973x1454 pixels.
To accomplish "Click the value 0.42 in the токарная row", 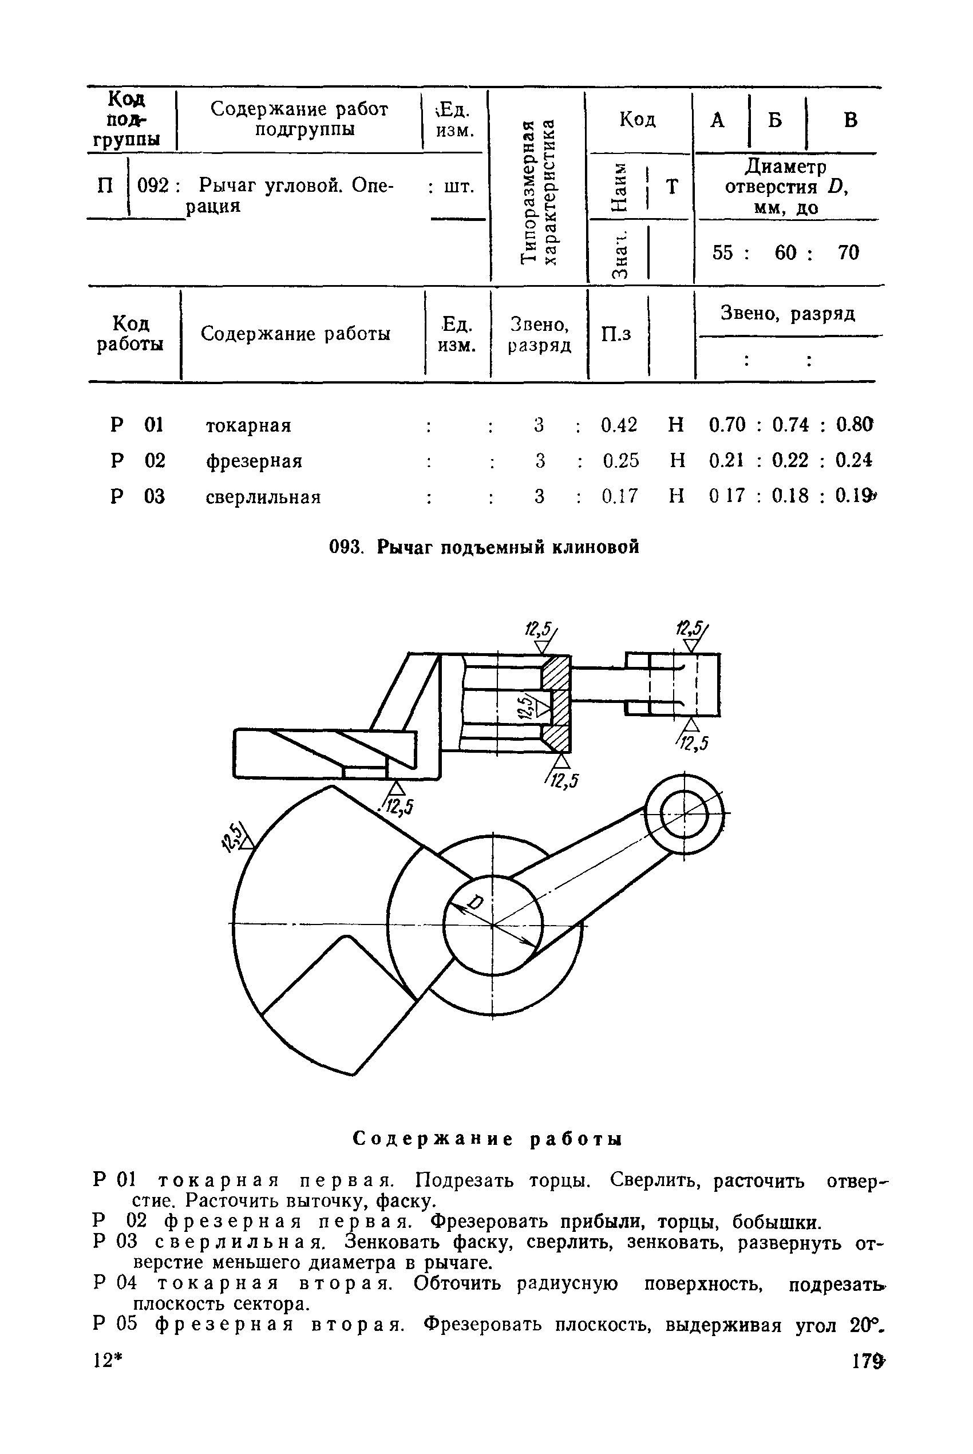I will click(x=619, y=425).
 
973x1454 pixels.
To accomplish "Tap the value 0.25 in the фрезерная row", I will click(x=620, y=460).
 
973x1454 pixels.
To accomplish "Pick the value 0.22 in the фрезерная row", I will click(x=790, y=460).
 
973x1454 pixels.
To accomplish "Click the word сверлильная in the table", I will click(x=263, y=497).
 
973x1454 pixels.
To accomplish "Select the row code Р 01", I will click(x=137, y=425).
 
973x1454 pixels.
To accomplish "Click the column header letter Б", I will click(x=775, y=120).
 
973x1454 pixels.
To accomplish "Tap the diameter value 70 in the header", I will click(x=848, y=252).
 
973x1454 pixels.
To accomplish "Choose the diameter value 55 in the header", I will click(x=722, y=252).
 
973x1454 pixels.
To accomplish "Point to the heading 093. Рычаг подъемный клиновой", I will click(x=484, y=547).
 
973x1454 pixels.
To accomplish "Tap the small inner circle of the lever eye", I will click(x=685, y=814).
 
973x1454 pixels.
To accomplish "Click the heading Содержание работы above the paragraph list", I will click(x=488, y=1139).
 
